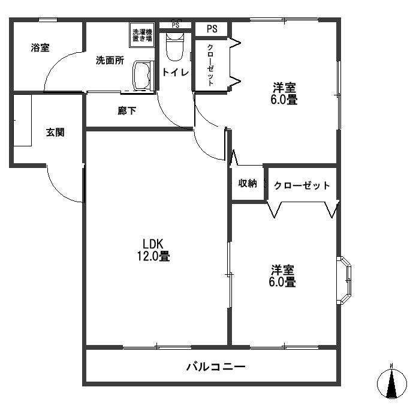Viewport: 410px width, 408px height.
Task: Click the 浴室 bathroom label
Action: (40, 48)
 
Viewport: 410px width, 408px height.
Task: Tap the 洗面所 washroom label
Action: (110, 61)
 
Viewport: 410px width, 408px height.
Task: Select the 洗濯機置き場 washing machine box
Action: (142, 34)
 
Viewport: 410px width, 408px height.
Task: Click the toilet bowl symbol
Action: (174, 47)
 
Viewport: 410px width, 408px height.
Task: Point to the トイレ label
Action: (175, 73)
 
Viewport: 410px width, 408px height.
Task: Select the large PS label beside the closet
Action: (212, 28)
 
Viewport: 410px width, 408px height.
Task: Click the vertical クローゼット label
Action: (210, 65)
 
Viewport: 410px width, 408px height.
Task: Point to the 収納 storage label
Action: (248, 184)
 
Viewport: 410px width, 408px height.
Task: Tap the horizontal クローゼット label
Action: (302, 185)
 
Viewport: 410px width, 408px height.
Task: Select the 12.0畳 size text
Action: (153, 256)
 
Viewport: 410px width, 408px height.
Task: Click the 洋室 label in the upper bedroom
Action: (284, 88)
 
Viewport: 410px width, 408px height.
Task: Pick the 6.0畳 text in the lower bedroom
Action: (282, 281)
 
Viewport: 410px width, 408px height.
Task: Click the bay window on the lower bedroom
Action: (344, 280)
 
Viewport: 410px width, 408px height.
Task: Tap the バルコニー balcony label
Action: (216, 367)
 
